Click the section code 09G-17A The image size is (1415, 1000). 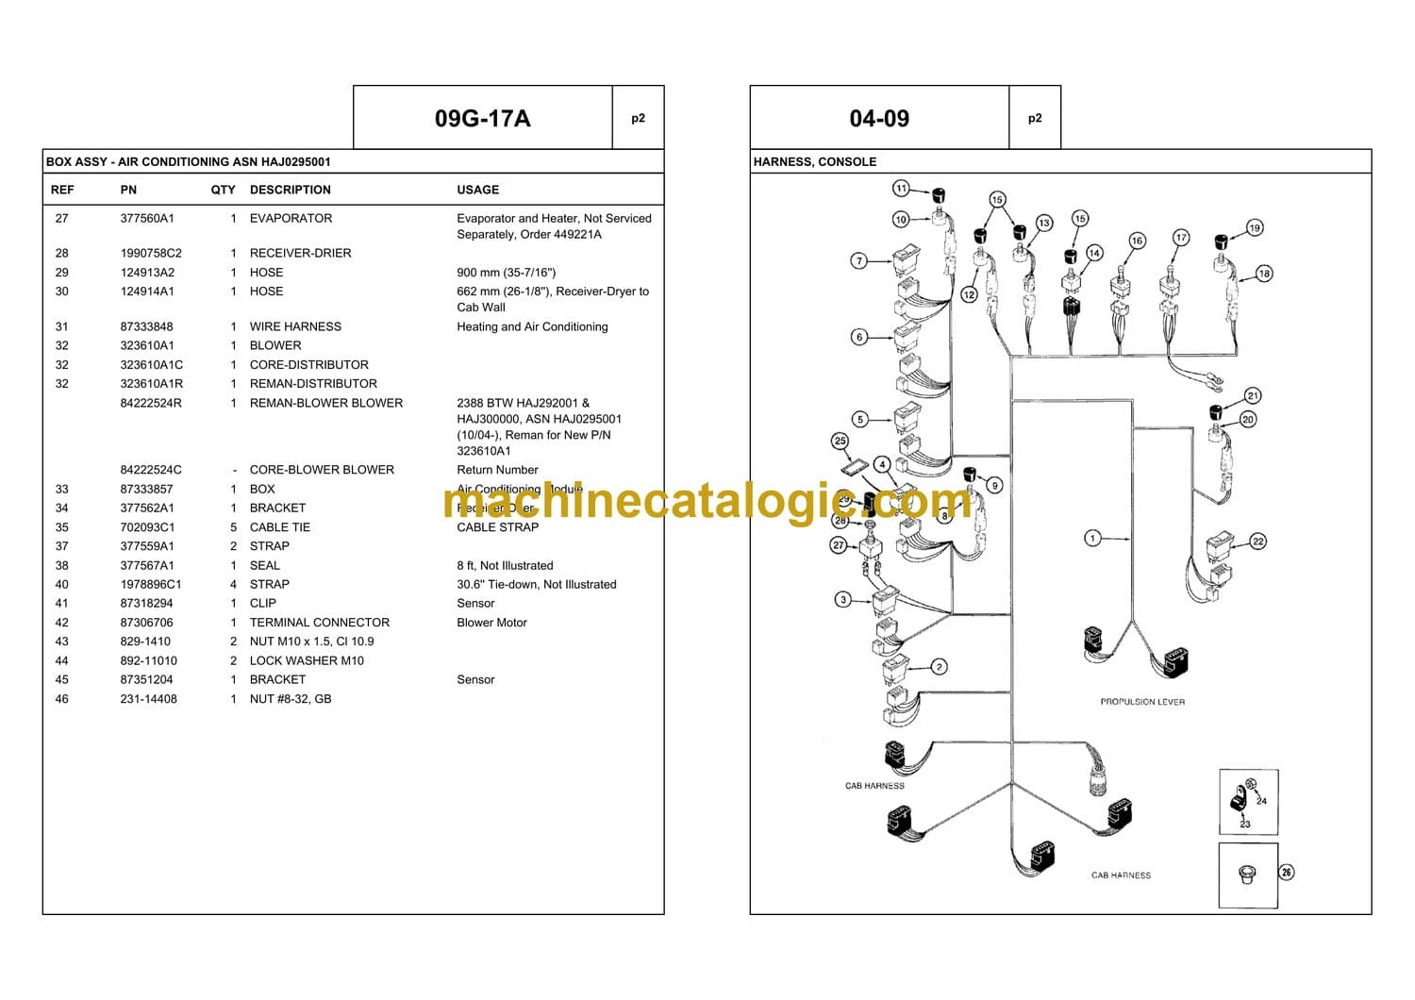click(482, 119)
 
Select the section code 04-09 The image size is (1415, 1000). click(879, 119)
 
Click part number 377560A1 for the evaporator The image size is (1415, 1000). click(147, 218)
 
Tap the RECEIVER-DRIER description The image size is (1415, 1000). click(300, 253)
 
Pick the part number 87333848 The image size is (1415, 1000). click(146, 326)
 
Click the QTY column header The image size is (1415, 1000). click(223, 190)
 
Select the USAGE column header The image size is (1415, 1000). click(477, 190)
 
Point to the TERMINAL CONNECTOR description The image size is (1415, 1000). click(319, 623)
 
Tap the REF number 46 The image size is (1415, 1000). click(61, 699)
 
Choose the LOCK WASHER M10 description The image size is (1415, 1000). click(307, 660)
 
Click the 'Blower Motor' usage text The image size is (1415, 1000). click(491, 623)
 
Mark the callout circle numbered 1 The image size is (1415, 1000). click(1092, 539)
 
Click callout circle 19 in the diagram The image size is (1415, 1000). click(1254, 227)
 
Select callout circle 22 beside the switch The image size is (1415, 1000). click(1257, 542)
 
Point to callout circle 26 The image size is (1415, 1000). click(1287, 872)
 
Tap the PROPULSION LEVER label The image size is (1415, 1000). click(1141, 702)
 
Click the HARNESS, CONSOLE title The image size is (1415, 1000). click(814, 162)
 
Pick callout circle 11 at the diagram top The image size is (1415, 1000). click(901, 189)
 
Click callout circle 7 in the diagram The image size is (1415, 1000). click(858, 260)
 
